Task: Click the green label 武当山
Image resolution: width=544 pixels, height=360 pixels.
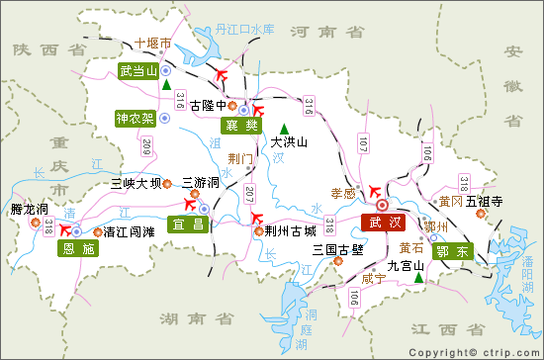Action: tap(137, 71)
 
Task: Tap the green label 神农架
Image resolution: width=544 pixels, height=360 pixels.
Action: tap(135, 119)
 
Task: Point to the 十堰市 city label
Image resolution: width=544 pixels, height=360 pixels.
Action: tap(153, 45)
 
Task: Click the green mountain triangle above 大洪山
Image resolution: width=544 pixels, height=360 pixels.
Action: tap(285, 128)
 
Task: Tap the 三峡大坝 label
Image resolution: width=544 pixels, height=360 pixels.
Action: tap(136, 183)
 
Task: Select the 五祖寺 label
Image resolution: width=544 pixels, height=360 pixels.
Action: tap(485, 201)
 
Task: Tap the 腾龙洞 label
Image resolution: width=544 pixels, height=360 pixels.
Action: tap(29, 209)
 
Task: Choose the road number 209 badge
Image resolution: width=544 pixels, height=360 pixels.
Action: tap(147, 147)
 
